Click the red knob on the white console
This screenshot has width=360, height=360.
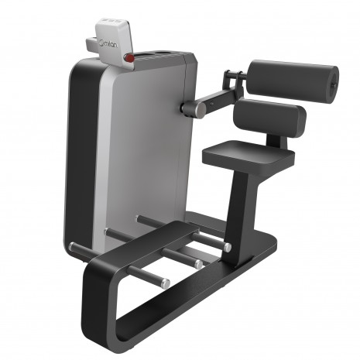[x=129, y=58]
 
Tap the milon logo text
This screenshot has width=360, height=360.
[x=108, y=44]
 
